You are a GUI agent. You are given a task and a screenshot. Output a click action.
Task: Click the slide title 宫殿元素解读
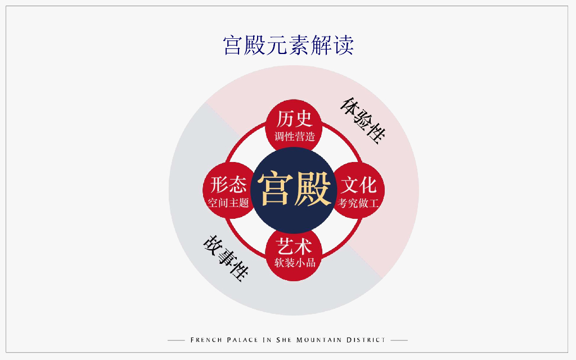pyautogui.click(x=288, y=45)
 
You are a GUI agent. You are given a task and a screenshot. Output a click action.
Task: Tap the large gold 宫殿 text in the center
pyautogui.click(x=294, y=190)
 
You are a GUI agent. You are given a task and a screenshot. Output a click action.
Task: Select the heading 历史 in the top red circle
pyautogui.click(x=294, y=118)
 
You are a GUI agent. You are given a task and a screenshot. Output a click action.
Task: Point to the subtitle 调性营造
pyautogui.click(x=294, y=136)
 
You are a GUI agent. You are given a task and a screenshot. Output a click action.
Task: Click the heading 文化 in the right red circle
pyautogui.click(x=358, y=185)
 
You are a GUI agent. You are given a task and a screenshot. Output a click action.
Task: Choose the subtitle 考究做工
pyautogui.click(x=358, y=203)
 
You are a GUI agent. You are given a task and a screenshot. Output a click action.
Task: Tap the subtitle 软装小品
pyautogui.click(x=294, y=263)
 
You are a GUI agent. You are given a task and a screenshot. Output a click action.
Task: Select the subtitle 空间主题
pyautogui.click(x=228, y=203)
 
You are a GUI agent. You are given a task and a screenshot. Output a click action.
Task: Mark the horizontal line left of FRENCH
pyautogui.click(x=177, y=340)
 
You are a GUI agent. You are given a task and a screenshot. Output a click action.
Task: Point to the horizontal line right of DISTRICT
pyautogui.click(x=399, y=340)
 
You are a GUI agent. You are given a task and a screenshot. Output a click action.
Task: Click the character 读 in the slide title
pyautogui.click(x=343, y=45)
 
